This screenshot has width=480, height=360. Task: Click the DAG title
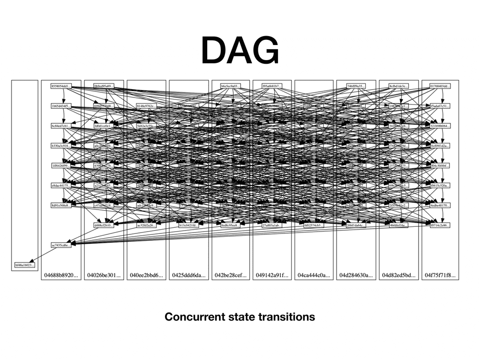pyautogui.click(x=240, y=51)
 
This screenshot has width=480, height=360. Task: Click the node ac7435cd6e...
pyautogui.click(x=61, y=245)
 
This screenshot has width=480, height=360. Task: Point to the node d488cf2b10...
pyautogui.click(x=104, y=225)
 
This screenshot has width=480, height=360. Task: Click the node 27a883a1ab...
pyautogui.click(x=272, y=225)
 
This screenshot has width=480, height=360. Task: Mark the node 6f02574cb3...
pyautogui.click(x=314, y=225)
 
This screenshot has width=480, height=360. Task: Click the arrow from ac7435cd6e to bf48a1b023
pyautogui.click(x=43, y=255)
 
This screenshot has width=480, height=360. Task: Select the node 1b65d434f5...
pyautogui.click(x=61, y=106)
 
